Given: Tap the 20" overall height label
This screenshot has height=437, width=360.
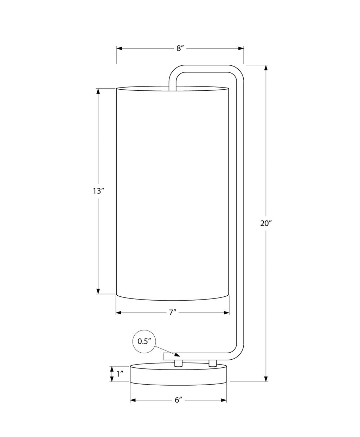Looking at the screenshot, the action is coord(266,224).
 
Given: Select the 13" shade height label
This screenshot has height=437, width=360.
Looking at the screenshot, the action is coord(98,191).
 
